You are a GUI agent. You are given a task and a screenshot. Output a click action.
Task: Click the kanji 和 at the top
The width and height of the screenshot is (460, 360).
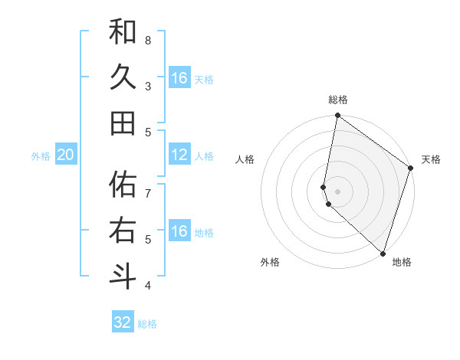(x=123, y=32)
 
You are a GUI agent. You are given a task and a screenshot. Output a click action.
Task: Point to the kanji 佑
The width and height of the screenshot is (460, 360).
(x=123, y=185)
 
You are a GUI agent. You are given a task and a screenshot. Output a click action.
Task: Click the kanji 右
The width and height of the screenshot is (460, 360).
(x=123, y=231)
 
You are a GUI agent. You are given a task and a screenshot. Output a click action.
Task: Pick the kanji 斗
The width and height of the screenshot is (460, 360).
(x=123, y=276)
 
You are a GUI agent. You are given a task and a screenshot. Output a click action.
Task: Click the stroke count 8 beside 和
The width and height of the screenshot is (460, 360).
(x=148, y=40)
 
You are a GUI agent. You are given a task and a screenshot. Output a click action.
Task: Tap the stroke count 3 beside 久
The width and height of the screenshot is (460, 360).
(x=148, y=86)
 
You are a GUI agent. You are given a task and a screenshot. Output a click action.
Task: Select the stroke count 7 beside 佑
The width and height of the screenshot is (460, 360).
(x=148, y=186)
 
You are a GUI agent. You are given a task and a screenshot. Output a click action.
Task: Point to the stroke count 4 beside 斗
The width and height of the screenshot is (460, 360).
(x=148, y=286)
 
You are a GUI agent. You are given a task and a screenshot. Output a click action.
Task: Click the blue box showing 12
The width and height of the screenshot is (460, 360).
(x=179, y=155)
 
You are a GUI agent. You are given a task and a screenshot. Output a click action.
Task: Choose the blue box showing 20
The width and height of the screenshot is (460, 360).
(x=65, y=155)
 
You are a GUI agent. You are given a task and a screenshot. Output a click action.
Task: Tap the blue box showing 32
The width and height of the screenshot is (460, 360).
(x=123, y=322)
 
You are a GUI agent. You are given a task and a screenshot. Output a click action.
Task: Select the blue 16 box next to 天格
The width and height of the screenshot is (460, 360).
(x=179, y=78)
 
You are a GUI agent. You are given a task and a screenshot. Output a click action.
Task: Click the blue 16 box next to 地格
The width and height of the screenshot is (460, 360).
(x=179, y=231)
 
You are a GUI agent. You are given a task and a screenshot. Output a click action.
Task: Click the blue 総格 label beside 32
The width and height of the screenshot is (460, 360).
(x=147, y=324)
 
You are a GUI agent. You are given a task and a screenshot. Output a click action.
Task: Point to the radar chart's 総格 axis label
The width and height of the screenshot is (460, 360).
(x=338, y=100)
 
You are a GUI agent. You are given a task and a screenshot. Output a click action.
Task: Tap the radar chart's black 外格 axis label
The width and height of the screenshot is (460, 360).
(x=270, y=262)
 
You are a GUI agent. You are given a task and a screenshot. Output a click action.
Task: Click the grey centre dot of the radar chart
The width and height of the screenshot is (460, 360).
(x=338, y=191)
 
